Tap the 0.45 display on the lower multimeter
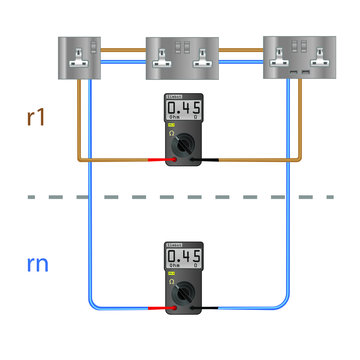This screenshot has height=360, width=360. (x=181, y=259)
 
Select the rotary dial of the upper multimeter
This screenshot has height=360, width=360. (x=181, y=146)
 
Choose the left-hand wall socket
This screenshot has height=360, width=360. (x=89, y=57)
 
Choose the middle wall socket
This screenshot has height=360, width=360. (x=181, y=59)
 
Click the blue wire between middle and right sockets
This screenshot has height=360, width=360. (x=241, y=61)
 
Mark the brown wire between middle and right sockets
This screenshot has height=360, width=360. (x=241, y=49)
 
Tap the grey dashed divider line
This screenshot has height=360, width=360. (x=180, y=197)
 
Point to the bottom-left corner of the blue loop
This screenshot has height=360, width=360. (x=93, y=307)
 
